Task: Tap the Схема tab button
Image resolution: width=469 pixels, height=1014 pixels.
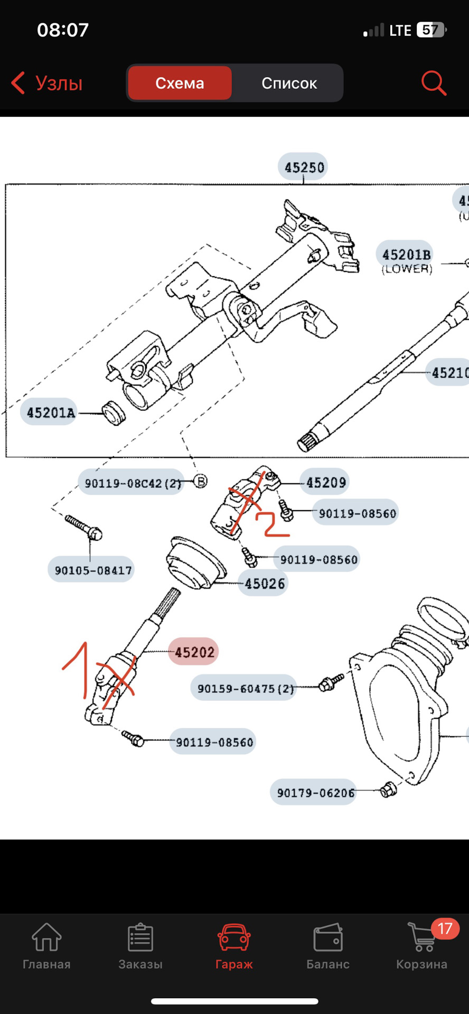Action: pyautogui.click(x=180, y=83)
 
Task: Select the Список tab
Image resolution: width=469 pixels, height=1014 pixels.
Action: pyautogui.click(x=288, y=83)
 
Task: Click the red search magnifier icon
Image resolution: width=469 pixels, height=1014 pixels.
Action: pyautogui.click(x=433, y=83)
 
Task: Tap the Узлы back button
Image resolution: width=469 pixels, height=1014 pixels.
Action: pyautogui.click(x=48, y=83)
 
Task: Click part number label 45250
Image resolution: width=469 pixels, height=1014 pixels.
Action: pyautogui.click(x=304, y=167)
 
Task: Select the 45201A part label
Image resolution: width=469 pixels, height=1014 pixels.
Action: pyautogui.click(x=51, y=412)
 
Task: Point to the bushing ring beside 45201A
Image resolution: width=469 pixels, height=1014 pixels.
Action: pyautogui.click(x=114, y=412)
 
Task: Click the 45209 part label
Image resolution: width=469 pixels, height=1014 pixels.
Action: pyautogui.click(x=325, y=482)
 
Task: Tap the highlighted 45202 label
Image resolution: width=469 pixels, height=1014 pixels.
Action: pyautogui.click(x=194, y=652)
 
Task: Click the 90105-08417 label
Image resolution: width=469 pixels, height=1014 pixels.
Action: pyautogui.click(x=92, y=570)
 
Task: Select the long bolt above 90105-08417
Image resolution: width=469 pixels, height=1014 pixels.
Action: pyautogui.click(x=83, y=527)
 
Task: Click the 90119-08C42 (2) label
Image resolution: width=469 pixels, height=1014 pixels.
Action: pyautogui.click(x=132, y=483)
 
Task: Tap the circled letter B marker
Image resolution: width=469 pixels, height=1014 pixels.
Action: pyautogui.click(x=200, y=481)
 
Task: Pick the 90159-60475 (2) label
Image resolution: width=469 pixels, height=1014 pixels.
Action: pyautogui.click(x=245, y=688)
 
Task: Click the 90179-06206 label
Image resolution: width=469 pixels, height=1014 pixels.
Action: pyautogui.click(x=315, y=793)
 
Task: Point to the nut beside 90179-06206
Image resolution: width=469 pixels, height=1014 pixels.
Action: pyautogui.click(x=388, y=790)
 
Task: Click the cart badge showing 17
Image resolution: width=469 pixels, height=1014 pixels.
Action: pyautogui.click(x=445, y=928)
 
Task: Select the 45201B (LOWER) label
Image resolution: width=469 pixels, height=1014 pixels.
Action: pyautogui.click(x=406, y=260)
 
